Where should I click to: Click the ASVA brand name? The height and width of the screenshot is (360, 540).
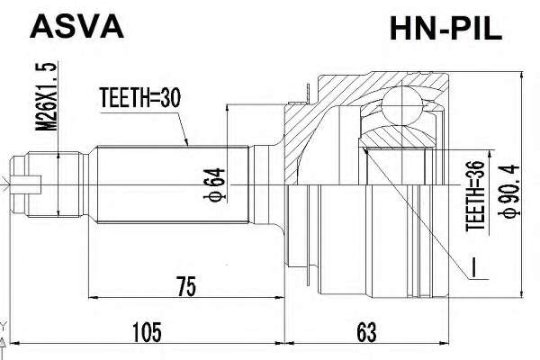[76, 27]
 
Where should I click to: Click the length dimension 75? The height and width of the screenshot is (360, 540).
[185, 287]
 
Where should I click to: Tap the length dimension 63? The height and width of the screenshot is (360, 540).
[365, 333]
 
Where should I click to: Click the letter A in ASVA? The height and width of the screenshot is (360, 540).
[40, 27]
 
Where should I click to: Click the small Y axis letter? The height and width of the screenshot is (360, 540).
[4, 325]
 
